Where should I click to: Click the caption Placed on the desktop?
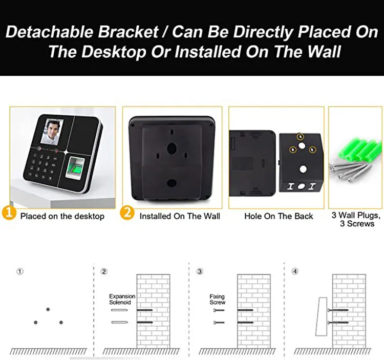tap(62, 216)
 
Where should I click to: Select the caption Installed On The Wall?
tap(180, 216)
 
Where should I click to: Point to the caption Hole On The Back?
tap(279, 216)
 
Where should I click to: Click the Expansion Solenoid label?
tap(122, 300)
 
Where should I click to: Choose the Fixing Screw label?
tap(217, 300)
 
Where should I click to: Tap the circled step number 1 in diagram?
tap(20, 271)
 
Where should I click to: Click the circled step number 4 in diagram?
tap(295, 271)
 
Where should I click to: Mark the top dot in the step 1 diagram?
tap(48, 309)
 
